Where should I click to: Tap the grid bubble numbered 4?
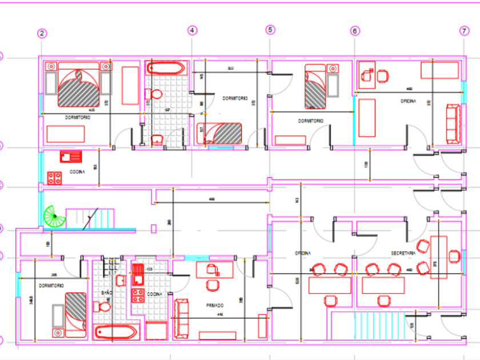click(192, 30)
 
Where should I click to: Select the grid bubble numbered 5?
click(270, 30)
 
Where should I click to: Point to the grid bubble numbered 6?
click(355, 31)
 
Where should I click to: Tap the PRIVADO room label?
click(214, 306)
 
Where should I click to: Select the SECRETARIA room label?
click(402, 253)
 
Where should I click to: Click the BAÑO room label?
click(107, 293)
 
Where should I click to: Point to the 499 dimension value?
click(212, 199)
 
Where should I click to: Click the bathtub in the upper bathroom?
click(166, 69)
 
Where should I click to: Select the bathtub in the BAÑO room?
click(115, 333)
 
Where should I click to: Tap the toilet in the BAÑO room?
click(104, 307)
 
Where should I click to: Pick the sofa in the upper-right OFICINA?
click(453, 123)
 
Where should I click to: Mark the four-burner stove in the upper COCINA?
click(54, 178)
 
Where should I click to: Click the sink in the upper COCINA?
click(71, 157)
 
